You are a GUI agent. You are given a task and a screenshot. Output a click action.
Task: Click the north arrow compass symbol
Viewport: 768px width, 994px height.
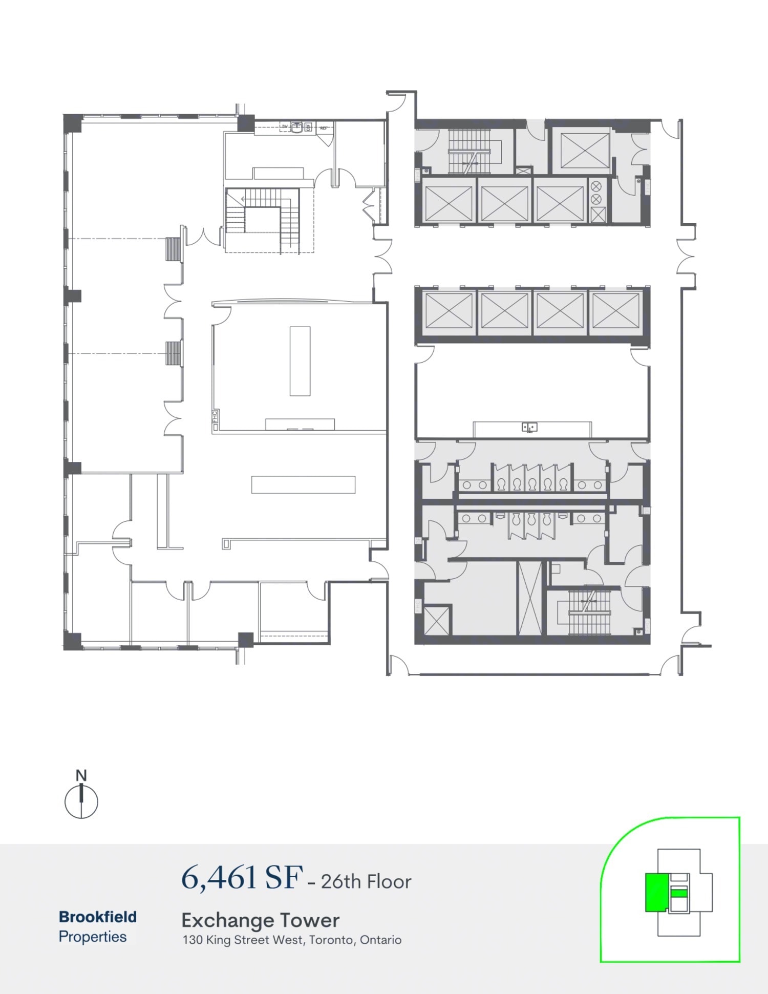(x=81, y=801)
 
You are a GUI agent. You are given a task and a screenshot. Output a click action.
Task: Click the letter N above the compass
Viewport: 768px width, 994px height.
(x=81, y=775)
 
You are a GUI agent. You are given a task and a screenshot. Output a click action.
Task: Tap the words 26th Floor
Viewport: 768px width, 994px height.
(x=366, y=881)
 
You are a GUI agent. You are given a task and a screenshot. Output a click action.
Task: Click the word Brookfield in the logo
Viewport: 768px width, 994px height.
(x=98, y=917)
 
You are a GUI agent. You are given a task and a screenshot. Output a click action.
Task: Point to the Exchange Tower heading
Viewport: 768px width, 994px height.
(x=260, y=920)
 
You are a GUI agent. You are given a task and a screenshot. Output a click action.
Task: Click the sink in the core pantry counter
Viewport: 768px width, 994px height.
(x=529, y=427)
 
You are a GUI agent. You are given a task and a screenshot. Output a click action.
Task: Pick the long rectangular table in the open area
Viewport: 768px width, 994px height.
(x=303, y=484)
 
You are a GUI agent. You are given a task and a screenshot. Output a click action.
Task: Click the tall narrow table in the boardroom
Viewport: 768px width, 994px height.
(x=300, y=361)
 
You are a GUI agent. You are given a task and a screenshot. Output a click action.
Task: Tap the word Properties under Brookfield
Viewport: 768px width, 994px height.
(x=93, y=937)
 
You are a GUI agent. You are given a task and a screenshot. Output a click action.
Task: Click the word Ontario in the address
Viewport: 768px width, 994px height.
(x=380, y=940)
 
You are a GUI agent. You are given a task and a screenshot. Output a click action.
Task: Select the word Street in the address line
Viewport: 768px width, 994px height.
(x=252, y=940)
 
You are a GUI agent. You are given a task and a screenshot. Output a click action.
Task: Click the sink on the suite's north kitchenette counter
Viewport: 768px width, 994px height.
(x=297, y=127)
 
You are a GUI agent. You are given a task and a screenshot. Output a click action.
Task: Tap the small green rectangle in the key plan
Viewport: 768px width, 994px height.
(x=678, y=893)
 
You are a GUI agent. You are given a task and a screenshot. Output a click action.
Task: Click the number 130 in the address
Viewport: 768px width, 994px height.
(x=193, y=940)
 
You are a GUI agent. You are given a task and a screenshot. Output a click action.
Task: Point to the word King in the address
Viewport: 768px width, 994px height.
(x=219, y=940)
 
